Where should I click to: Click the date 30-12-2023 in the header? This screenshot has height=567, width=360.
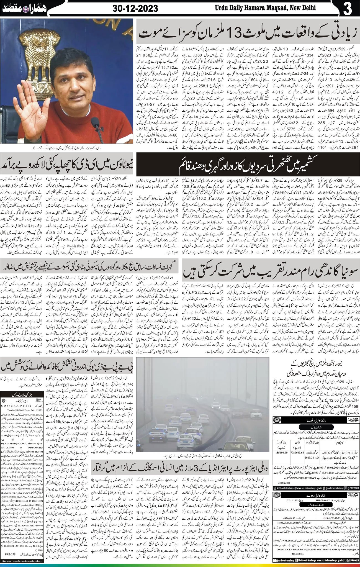[135, 8]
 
